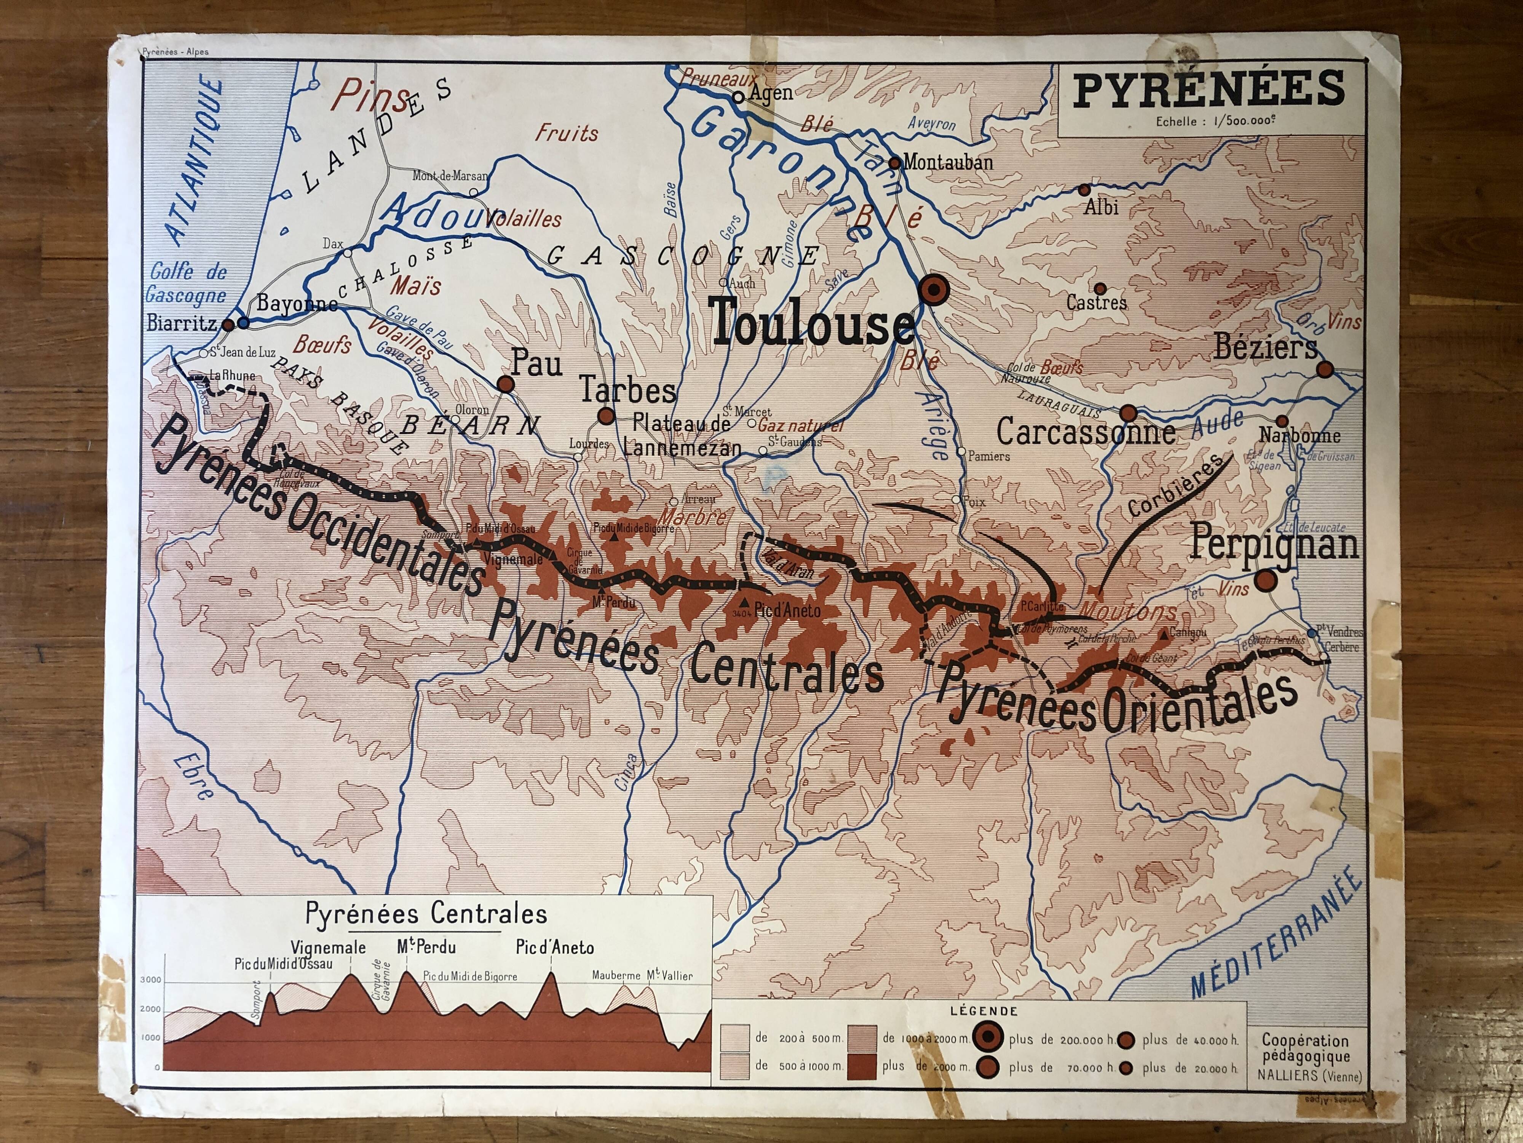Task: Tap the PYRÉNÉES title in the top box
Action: click(1209, 90)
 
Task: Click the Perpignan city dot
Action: click(1265, 581)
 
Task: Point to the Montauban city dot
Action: click(894, 163)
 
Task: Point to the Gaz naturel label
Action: click(800, 426)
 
